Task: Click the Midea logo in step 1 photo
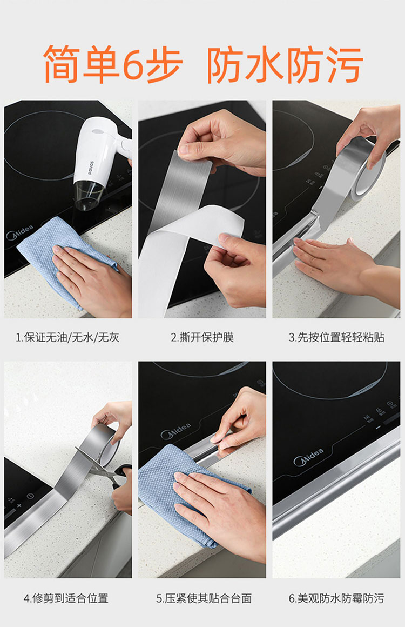(x=20, y=233)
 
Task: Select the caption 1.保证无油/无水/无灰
(x=67, y=337)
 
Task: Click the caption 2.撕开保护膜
(x=202, y=337)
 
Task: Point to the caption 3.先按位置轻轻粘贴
(x=336, y=337)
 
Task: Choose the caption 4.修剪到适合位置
(x=66, y=598)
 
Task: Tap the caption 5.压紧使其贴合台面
(x=204, y=598)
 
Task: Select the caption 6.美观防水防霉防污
(x=336, y=598)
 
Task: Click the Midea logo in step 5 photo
(x=175, y=431)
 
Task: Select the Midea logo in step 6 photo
(x=308, y=457)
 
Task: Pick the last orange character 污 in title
(x=344, y=64)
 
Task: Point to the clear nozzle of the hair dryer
(x=89, y=196)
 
